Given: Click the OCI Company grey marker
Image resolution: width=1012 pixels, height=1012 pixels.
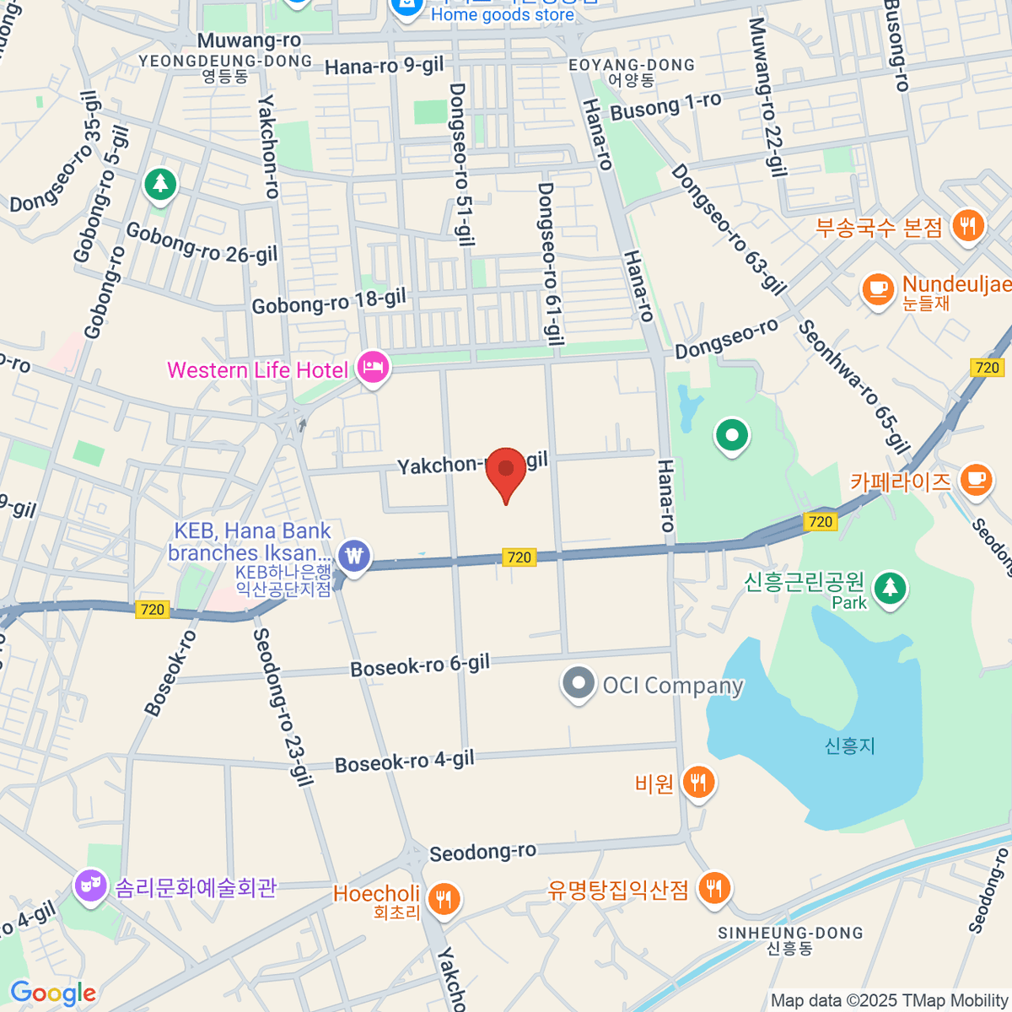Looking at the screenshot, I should pos(578,684).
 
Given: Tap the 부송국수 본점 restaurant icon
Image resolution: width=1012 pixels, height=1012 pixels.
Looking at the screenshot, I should pos(967,226).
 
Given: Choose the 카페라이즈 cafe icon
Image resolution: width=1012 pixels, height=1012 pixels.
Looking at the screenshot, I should pos(976,479).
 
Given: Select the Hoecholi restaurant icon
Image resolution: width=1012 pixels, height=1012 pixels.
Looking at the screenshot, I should pos(443,899).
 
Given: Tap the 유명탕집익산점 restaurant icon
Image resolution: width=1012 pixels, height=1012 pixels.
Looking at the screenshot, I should pos(714,887).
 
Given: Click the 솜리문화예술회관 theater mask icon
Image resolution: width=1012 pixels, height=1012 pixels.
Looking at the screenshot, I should pos(89,885).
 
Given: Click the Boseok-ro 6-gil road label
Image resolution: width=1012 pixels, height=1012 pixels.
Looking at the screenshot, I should pos(420,665).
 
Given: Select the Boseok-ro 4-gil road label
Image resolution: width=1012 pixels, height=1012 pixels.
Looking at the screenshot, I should pos(405,762).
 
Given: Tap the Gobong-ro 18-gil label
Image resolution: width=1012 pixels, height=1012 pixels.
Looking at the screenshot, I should pos(329,301).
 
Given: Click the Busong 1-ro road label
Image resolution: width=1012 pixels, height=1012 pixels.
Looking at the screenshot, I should pos(665,107).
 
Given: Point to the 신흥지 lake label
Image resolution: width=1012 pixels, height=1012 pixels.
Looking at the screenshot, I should pos(849,746).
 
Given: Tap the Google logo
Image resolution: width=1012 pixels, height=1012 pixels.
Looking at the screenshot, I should pos(53,993).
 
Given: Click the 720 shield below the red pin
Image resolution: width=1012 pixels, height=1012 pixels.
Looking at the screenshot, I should pos(519,557).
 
